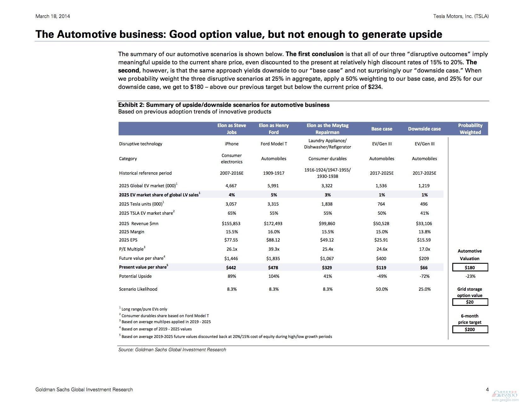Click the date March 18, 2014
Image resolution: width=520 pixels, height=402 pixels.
53,16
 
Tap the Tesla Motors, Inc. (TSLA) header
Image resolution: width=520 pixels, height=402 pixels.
461,16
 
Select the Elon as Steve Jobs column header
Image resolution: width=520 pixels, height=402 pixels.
231,129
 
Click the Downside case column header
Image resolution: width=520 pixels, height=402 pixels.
424,129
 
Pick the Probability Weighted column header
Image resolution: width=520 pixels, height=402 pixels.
470,129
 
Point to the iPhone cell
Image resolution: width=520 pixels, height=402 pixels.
231,144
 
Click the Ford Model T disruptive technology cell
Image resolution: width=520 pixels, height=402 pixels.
274,144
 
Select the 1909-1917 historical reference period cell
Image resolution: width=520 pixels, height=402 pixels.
274,173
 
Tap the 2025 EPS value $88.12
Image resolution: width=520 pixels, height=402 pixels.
273,240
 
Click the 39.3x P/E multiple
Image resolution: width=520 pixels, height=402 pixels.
274,249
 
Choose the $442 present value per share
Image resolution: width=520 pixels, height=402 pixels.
231,267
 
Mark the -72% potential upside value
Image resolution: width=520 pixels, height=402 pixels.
424,276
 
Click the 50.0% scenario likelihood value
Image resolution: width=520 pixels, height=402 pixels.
381,289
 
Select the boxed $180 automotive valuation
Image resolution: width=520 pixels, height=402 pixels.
470,267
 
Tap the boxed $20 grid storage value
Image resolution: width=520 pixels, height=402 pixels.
470,302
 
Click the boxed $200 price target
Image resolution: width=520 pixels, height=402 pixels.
470,329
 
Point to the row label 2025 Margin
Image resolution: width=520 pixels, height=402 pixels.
131,232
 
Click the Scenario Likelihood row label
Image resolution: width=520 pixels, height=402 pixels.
138,289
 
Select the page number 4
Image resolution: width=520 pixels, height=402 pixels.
487,390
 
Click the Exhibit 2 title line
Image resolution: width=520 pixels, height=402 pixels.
224,105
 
